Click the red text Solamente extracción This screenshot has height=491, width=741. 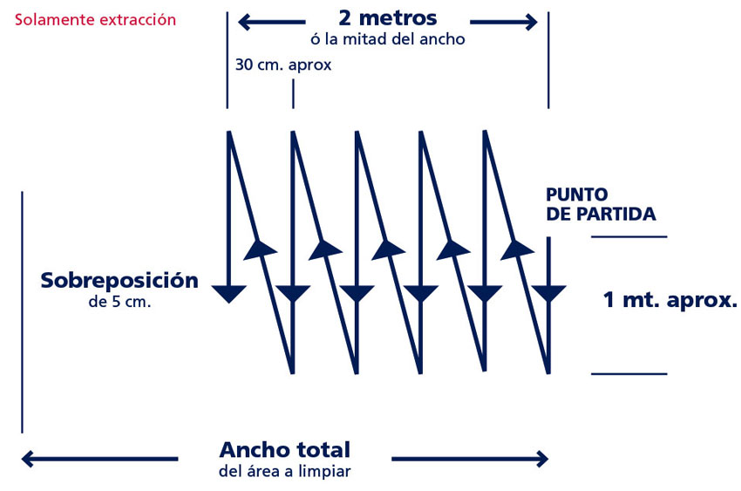pos(95,19)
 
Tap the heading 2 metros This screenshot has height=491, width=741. pos(387,18)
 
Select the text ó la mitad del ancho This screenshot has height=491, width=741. pos(387,38)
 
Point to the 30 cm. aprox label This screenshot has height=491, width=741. pos(282,65)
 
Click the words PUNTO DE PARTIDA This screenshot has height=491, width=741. pos(600,204)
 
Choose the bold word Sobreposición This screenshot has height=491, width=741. pos(119,281)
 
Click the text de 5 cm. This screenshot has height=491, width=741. pos(119,303)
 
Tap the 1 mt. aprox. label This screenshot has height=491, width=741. pos(670,301)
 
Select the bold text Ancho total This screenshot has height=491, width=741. pos(284,450)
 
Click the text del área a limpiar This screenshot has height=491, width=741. pos(284,472)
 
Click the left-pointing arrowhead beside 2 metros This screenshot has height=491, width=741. pos(246,22)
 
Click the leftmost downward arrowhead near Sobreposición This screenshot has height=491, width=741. pos(228,293)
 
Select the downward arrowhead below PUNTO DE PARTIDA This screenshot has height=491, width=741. pos(548,293)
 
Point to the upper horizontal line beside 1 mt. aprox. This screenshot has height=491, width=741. pos(629,236)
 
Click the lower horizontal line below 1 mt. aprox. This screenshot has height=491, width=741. pos(629,374)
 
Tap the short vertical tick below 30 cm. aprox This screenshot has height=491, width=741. pos(293,94)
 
